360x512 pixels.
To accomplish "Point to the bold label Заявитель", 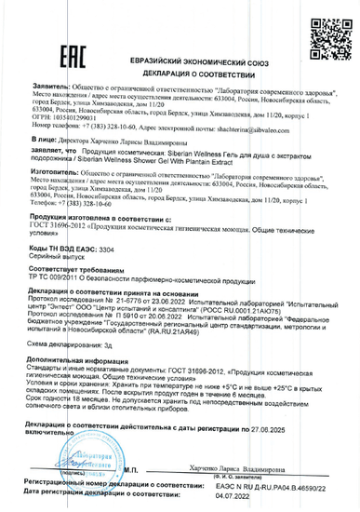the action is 47,95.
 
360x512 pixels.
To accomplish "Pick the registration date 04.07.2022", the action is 260,497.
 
